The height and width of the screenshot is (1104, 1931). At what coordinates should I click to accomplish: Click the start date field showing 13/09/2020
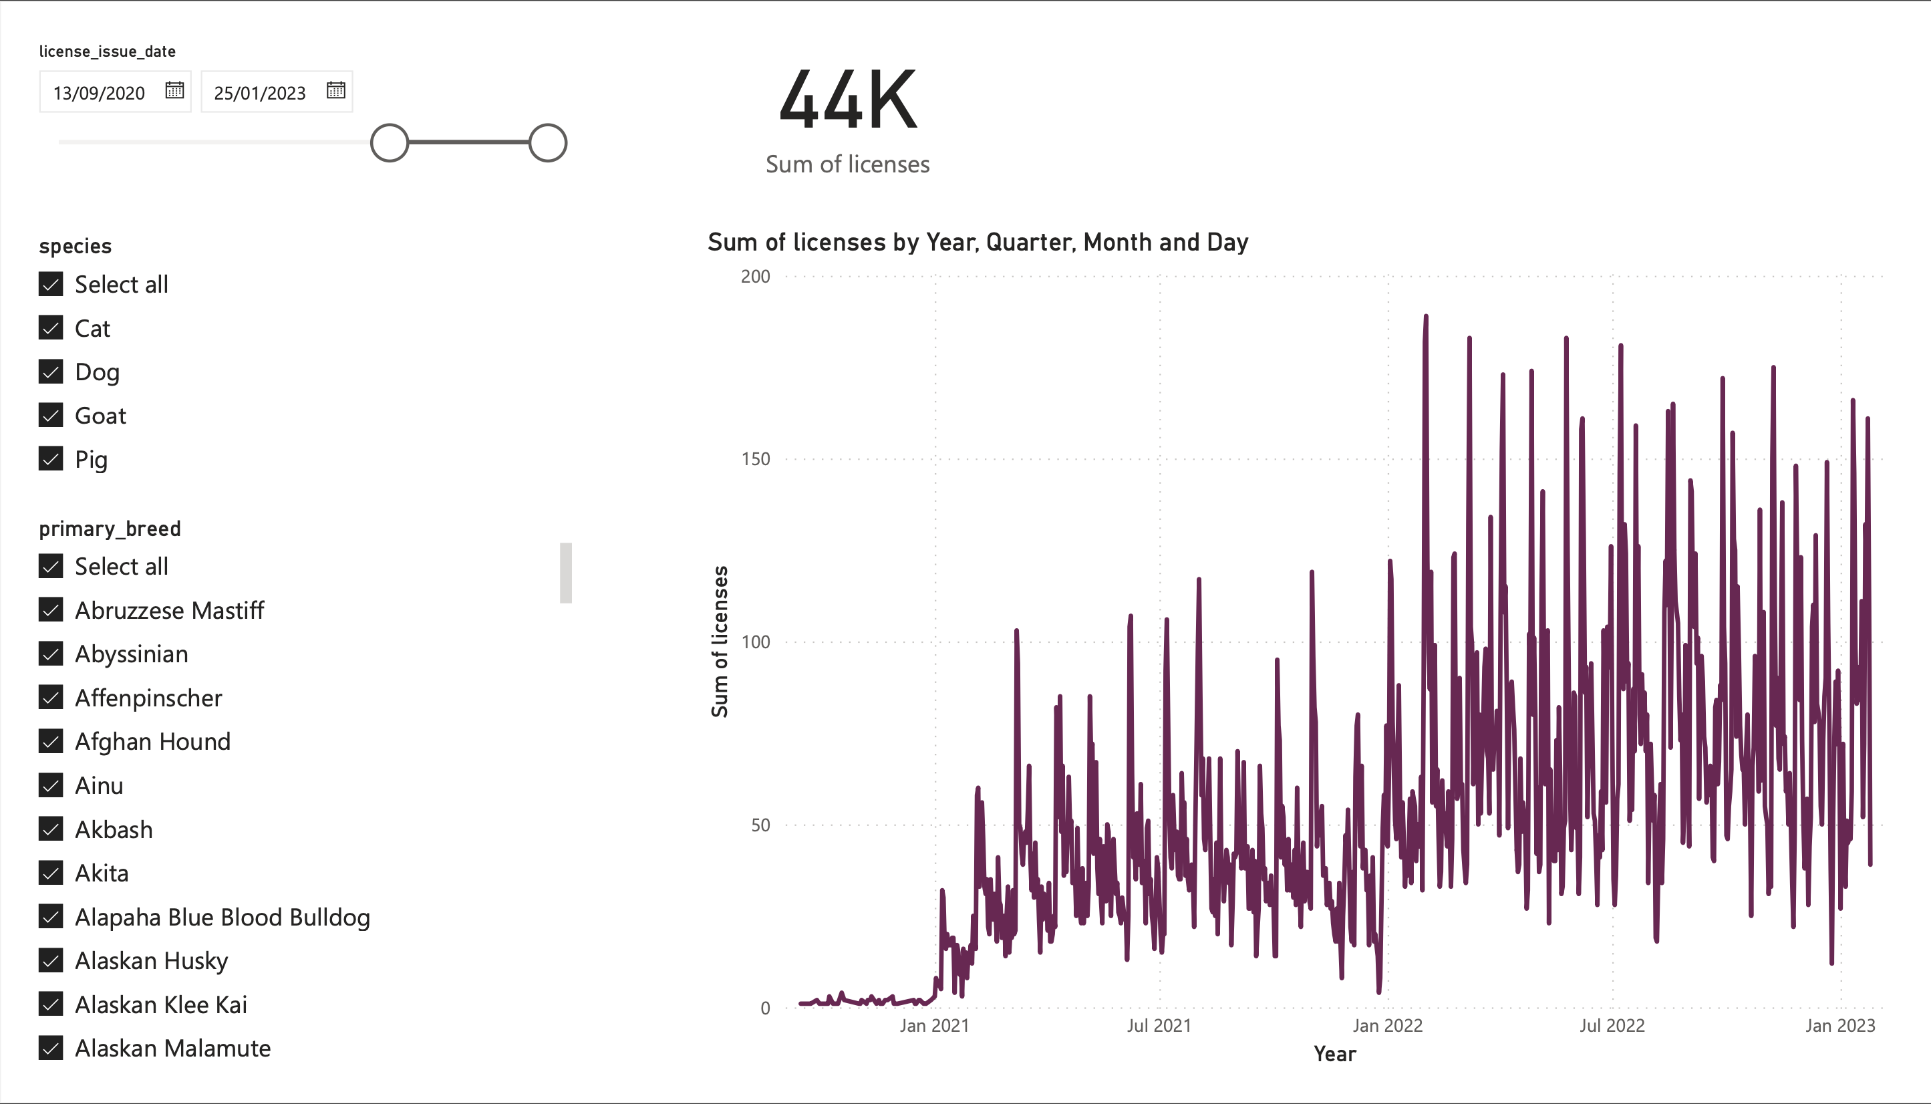(x=99, y=92)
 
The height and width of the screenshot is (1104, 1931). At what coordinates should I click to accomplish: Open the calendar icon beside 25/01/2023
(x=336, y=90)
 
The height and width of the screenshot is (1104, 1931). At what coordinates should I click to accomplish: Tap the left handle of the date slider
(x=389, y=142)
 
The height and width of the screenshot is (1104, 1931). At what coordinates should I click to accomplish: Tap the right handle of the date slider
(x=547, y=142)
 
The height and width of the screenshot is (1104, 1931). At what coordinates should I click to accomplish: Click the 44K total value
(x=848, y=101)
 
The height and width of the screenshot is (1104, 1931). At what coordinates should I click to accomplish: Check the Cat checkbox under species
(x=51, y=327)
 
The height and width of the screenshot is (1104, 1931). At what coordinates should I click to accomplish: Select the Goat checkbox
(x=51, y=416)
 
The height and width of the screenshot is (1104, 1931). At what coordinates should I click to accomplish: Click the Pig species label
(x=91, y=460)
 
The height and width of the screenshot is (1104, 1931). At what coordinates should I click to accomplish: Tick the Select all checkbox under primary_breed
(x=51, y=567)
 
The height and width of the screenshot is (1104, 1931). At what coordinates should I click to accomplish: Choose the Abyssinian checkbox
(x=51, y=654)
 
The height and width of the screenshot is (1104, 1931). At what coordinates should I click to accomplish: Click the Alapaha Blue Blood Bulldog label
(x=222, y=918)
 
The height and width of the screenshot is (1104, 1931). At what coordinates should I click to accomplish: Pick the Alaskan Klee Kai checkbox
(x=51, y=1004)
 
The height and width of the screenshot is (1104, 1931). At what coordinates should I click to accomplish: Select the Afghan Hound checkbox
(x=51, y=742)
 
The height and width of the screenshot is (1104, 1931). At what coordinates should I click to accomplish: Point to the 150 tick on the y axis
(x=755, y=458)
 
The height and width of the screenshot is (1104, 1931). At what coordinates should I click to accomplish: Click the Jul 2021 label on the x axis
(x=1159, y=1026)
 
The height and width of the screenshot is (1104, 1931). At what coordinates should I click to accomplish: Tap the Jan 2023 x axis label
(x=1840, y=1026)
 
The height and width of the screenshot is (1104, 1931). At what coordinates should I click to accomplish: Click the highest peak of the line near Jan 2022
(x=1426, y=316)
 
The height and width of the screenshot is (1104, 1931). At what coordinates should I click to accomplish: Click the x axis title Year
(x=1334, y=1054)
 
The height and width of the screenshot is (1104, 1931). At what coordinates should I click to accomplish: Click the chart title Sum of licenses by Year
(x=978, y=242)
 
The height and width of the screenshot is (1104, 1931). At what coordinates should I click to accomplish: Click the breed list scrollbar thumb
(x=565, y=573)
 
